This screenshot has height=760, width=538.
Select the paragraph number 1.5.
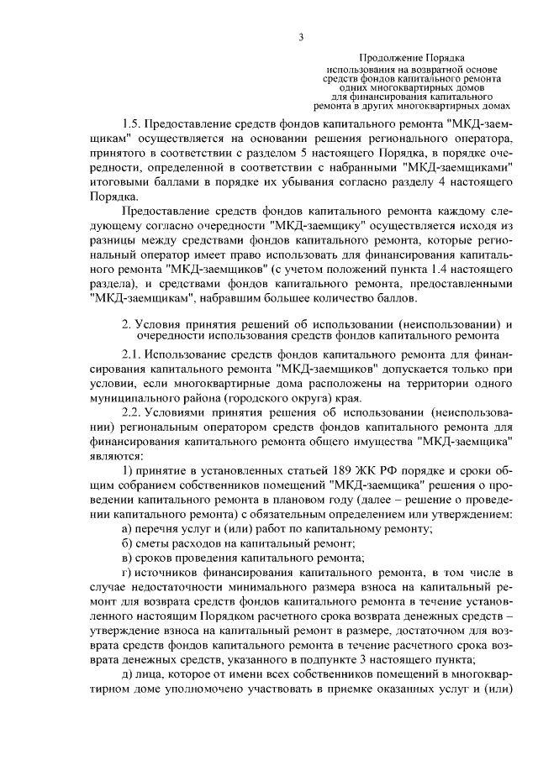click(x=131, y=122)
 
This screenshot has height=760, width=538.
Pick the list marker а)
click(x=127, y=527)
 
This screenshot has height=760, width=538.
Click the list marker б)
click(x=127, y=542)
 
